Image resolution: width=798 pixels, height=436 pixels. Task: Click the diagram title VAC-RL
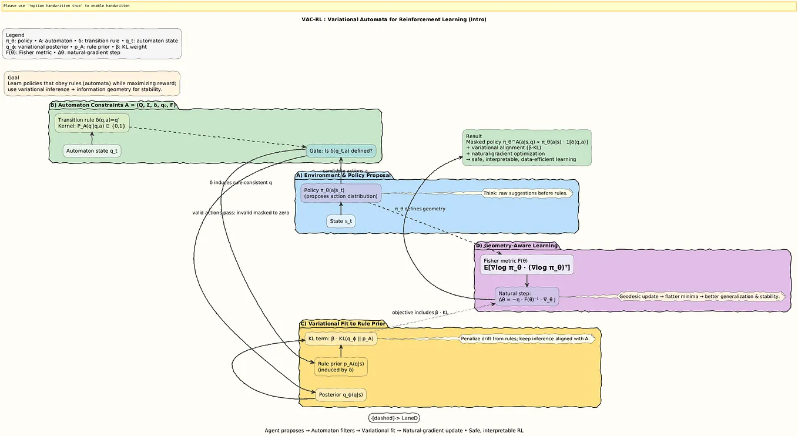394,19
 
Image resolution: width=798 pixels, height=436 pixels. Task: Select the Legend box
92,44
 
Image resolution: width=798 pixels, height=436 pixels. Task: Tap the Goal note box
92,83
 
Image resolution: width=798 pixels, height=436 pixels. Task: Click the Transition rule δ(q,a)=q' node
92,123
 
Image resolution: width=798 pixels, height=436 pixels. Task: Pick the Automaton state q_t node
92,151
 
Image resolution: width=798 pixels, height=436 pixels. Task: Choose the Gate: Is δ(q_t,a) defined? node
341,151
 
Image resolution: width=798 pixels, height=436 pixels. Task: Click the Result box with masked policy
527,147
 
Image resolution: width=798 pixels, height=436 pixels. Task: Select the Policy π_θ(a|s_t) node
341,193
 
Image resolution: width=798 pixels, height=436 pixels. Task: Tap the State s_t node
341,221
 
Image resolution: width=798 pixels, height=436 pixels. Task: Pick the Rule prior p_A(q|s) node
341,367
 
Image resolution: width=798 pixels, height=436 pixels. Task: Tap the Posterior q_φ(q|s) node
341,394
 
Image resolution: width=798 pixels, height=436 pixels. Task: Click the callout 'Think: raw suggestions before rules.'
526,193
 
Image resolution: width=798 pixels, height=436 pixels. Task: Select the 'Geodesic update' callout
700,296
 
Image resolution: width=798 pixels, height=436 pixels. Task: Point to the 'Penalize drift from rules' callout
527,338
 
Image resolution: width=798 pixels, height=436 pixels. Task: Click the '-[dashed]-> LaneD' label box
394,418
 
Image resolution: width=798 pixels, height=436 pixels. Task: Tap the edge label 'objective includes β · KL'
420,312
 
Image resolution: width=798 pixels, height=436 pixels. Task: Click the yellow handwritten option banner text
66,6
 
